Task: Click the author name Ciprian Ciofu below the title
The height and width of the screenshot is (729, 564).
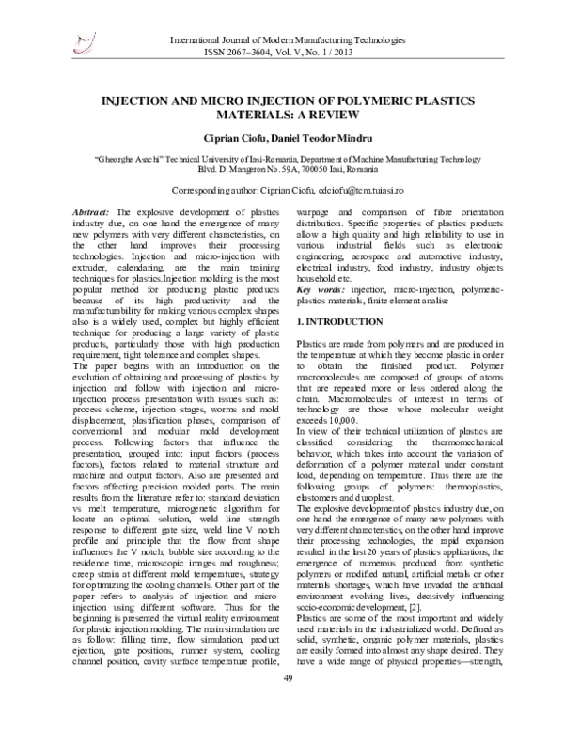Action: [x=245, y=140]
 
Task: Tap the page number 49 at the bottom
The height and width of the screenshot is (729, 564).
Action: [x=290, y=706]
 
